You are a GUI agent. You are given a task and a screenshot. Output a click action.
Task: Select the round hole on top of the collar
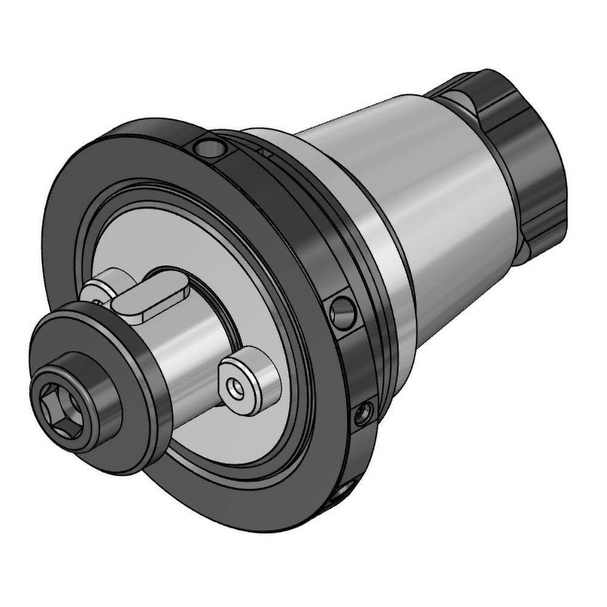point(208,146)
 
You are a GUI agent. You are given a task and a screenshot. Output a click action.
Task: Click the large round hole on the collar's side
point(344,312)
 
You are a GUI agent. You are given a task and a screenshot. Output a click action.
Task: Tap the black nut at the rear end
point(522,152)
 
